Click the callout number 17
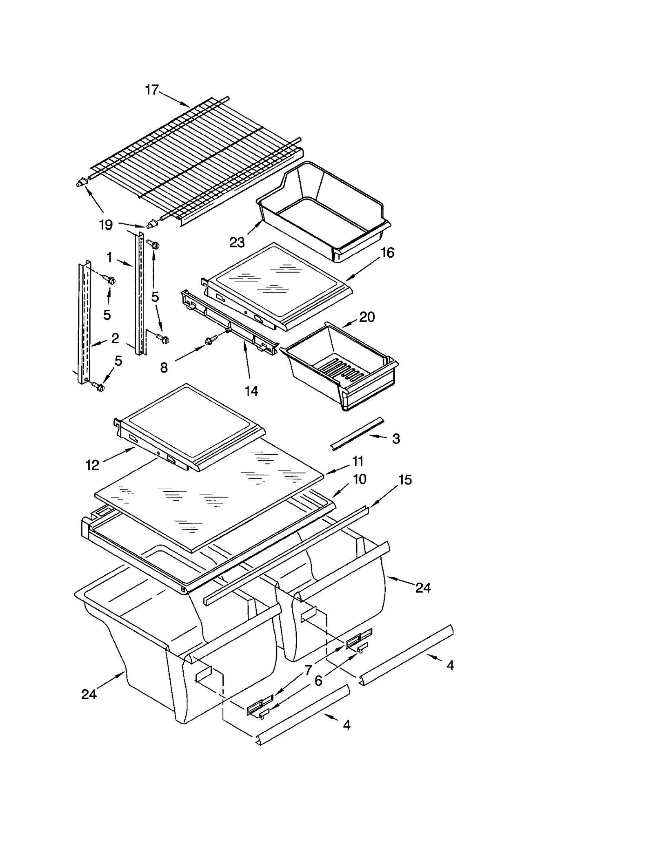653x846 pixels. point(152,90)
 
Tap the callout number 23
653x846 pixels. point(237,243)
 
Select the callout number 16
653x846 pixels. point(387,253)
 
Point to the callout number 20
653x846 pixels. point(367,317)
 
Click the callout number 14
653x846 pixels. point(251,391)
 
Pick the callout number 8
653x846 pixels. point(164,368)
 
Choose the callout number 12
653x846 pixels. point(92,465)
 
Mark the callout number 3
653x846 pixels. point(396,439)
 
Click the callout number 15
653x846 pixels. point(405,480)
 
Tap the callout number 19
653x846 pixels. point(106,225)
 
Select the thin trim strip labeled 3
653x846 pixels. point(357,434)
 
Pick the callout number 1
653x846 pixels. point(109,257)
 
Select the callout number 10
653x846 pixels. point(359,479)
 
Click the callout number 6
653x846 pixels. point(318,680)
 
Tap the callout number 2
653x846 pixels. point(115,338)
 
